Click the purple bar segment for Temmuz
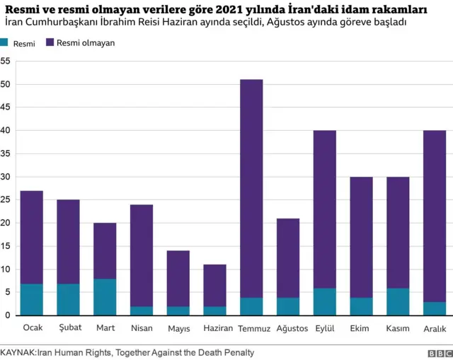(x=251, y=188)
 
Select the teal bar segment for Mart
(x=105, y=297)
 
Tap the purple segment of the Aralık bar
(x=435, y=216)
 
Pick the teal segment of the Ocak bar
(x=32, y=299)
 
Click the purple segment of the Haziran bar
(x=215, y=286)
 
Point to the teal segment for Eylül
(x=325, y=301)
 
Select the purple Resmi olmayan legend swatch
(x=49, y=42)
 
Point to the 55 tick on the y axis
(x=5, y=62)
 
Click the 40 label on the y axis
(x=5, y=131)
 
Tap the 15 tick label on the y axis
(x=5, y=246)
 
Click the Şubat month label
(x=69, y=328)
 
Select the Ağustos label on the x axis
(x=288, y=328)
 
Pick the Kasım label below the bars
(x=398, y=328)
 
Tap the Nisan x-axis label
(x=142, y=328)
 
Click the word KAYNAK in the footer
(x=18, y=352)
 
